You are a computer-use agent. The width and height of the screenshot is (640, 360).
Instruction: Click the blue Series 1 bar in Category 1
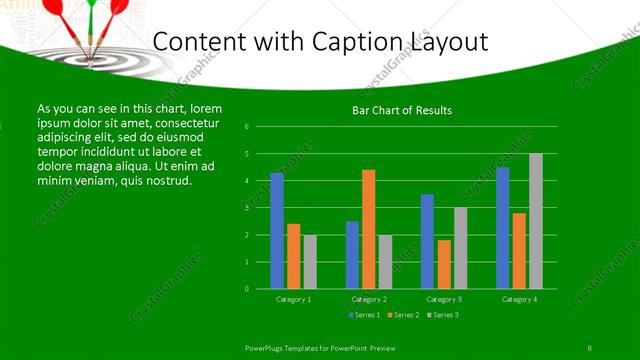click(x=277, y=231)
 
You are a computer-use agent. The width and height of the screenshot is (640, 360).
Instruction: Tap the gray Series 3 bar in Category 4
click(x=535, y=221)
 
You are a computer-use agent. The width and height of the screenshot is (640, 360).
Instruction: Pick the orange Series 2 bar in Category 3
click(x=443, y=264)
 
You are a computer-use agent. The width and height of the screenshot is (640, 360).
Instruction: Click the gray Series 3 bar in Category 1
click(x=309, y=262)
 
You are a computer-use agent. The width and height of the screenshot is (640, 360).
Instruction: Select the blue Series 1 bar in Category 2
click(x=352, y=255)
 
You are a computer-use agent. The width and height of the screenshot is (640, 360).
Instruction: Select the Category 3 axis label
click(x=443, y=299)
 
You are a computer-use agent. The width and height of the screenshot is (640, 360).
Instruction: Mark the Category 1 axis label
click(x=293, y=299)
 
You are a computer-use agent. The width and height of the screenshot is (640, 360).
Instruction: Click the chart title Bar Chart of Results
click(x=402, y=109)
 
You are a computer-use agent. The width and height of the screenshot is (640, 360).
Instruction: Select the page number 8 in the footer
click(x=590, y=347)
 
